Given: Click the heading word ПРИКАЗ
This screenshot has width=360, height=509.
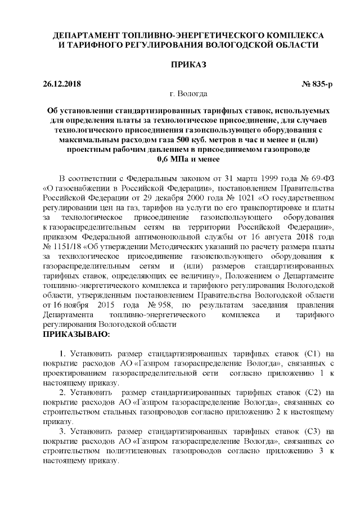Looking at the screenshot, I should pos(180,65).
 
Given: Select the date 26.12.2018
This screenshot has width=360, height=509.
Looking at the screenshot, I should pos(62,84).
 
